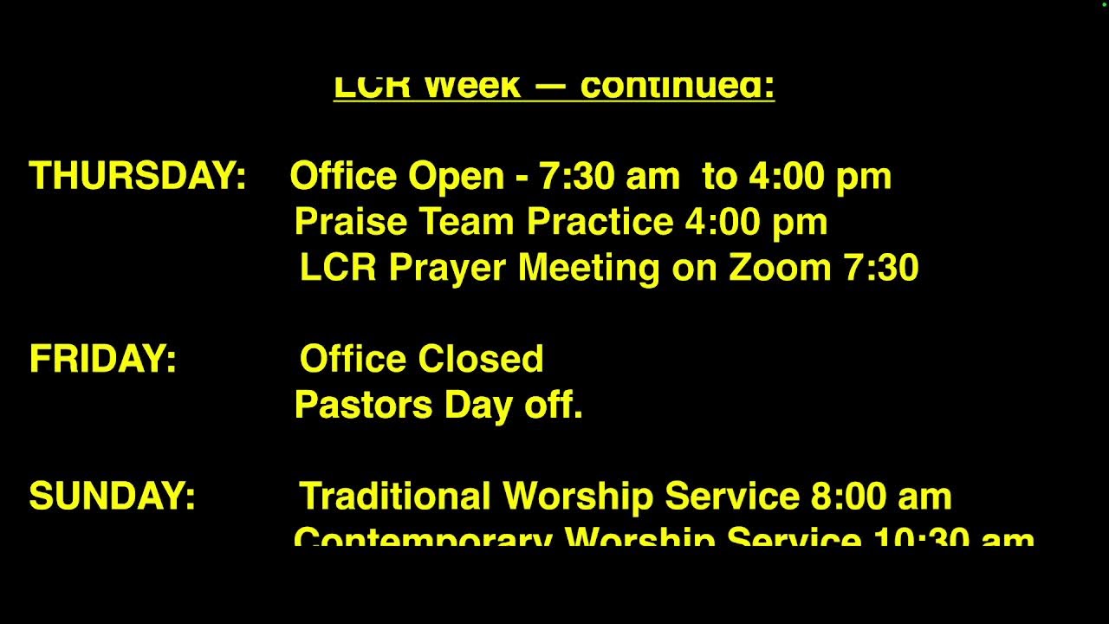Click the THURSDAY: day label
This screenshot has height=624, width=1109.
point(138,176)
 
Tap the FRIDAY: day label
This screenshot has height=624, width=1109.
point(102,359)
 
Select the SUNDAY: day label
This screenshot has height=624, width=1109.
point(112,497)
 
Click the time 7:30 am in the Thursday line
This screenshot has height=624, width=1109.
point(609,176)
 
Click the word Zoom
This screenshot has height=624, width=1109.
point(781,268)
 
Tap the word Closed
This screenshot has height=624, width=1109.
point(481,359)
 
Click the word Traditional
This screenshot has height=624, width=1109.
point(395,497)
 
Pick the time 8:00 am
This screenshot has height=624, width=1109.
point(881,497)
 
